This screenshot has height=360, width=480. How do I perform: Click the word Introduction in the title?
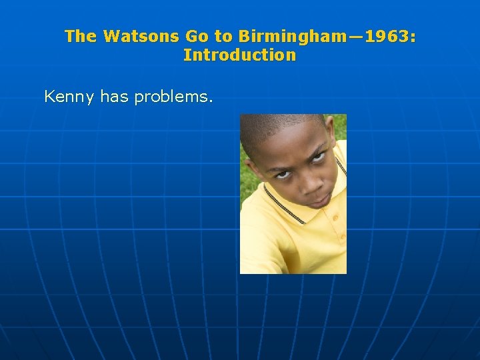(x=239, y=55)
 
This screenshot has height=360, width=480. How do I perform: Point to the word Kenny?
(x=69, y=97)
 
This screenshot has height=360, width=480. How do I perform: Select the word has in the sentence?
(x=115, y=97)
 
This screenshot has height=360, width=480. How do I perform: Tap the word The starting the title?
(x=80, y=36)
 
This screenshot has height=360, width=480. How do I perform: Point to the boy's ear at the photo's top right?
(x=332, y=131)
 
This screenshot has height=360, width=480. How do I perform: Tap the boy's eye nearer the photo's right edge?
(x=319, y=157)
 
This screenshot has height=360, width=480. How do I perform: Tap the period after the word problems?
(x=211, y=102)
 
